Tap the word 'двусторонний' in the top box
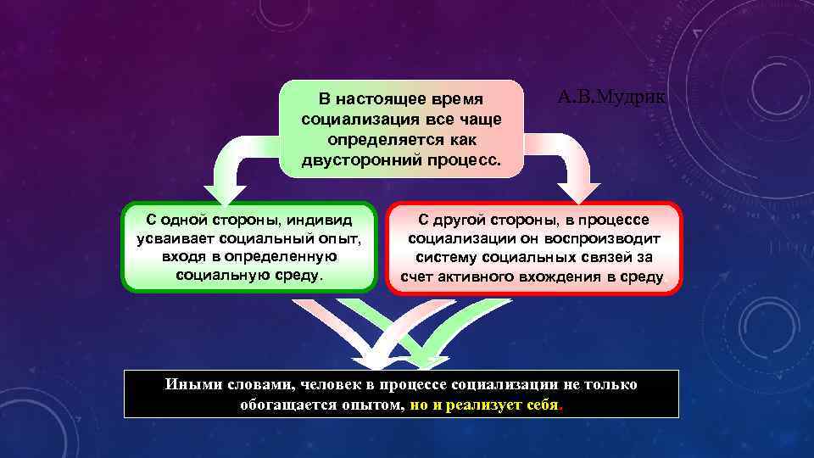point(357,159)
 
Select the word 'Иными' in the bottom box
point(191,385)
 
